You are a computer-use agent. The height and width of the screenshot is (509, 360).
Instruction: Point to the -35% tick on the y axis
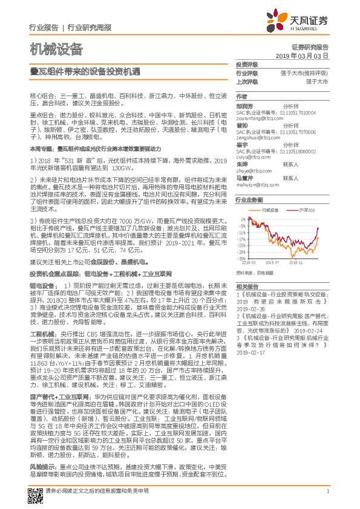(241, 258)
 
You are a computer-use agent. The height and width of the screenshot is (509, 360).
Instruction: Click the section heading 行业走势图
(250, 199)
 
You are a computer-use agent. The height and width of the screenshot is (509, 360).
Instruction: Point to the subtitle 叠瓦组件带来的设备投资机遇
(85, 71)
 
